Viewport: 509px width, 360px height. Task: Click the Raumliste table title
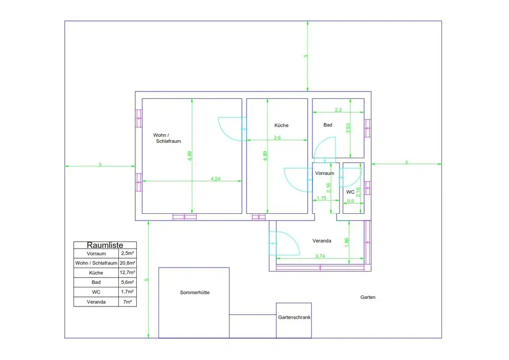(104, 245)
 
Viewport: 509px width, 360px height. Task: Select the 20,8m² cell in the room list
(128, 263)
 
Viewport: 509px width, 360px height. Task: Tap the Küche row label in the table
(96, 273)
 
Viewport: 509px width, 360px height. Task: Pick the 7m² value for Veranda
(128, 302)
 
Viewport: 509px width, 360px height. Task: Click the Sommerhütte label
(194, 293)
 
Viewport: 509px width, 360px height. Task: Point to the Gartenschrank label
(294, 317)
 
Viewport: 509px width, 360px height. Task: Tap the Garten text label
(368, 297)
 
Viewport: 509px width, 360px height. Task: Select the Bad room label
(328, 125)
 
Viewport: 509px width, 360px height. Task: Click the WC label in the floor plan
(350, 192)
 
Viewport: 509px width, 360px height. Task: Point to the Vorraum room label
(325, 174)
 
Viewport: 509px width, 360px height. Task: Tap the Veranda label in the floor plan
(322, 241)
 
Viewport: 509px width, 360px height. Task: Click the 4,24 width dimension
(215, 179)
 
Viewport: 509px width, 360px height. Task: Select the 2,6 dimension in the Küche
(277, 138)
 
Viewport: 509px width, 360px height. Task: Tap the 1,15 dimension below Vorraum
(321, 198)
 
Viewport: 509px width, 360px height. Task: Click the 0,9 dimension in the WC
(350, 201)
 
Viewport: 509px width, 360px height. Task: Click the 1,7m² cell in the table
(128, 292)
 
